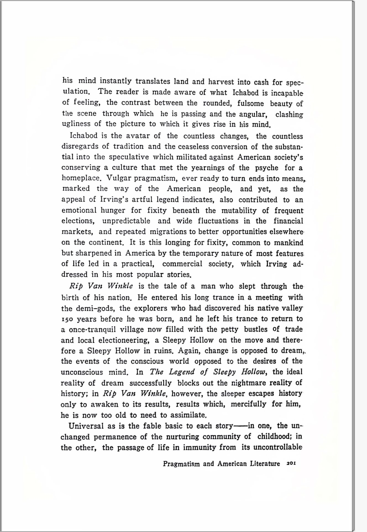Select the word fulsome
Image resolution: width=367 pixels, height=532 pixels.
[250, 103]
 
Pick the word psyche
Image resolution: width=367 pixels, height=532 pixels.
[266, 168]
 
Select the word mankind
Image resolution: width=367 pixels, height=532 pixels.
[289, 243]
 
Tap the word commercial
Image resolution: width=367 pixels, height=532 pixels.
[182, 264]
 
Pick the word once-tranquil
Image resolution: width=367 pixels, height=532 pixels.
[92, 330]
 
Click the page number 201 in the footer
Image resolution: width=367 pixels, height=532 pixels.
[291, 463]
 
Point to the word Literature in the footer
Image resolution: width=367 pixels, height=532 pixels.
[265, 463]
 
